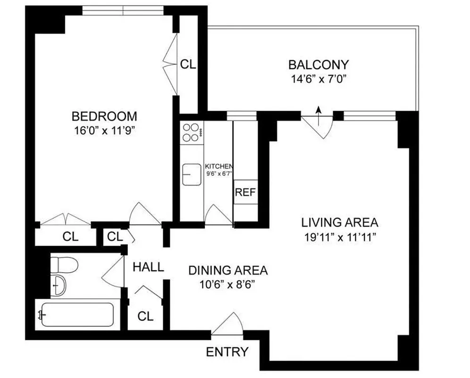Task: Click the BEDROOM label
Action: tap(104, 116)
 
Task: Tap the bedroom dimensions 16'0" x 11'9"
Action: tap(104, 130)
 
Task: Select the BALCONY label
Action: tap(319, 64)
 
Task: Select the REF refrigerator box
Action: tap(245, 192)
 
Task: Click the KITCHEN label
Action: tap(218, 166)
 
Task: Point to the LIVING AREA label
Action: tap(340, 222)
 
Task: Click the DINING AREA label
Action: tap(228, 271)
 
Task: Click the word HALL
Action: tap(148, 267)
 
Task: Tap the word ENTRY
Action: tap(227, 352)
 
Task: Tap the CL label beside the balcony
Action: tap(188, 65)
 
